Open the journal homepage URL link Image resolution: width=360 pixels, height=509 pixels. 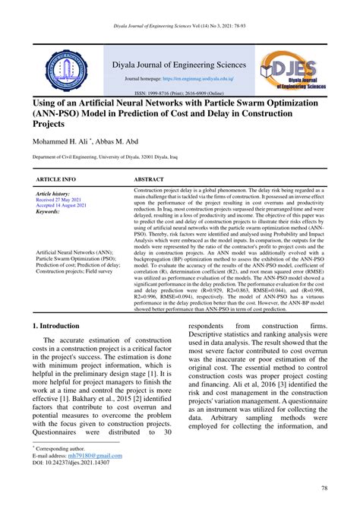pos(201,79)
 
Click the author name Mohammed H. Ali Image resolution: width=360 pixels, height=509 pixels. pos(60,142)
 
